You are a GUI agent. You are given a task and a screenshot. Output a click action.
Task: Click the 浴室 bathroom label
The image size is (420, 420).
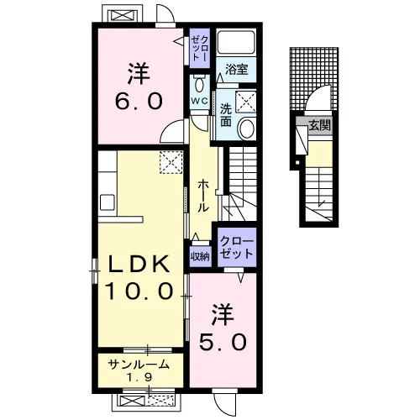(237, 69)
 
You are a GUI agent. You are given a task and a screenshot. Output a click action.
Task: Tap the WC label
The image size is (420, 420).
(200, 101)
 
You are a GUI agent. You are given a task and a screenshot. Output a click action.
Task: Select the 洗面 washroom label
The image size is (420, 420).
(226, 115)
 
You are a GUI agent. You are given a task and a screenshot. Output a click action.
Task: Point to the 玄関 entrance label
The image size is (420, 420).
(320, 125)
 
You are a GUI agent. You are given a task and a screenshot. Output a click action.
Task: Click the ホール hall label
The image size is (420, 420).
(203, 196)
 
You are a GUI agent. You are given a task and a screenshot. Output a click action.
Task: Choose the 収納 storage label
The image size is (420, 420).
(201, 256)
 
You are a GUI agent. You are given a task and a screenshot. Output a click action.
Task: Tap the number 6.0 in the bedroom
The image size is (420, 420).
(139, 101)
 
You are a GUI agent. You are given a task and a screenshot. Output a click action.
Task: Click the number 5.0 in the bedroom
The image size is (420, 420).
(223, 342)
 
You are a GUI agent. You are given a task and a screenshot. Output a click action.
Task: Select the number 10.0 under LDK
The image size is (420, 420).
(139, 291)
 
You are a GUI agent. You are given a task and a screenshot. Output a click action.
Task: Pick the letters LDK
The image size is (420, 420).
(139, 264)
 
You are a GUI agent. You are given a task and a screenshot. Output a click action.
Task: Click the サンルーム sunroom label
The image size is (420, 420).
(139, 365)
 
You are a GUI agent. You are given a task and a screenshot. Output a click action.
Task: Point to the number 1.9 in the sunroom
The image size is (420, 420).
(139, 378)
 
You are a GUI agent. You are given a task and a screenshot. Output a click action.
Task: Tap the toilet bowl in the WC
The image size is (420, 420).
(200, 84)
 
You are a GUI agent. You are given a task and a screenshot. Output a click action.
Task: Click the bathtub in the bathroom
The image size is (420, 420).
(237, 42)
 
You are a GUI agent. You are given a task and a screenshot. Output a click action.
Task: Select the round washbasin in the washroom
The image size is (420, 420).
(247, 129)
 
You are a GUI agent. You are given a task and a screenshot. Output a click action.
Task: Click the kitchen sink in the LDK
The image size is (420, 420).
(108, 202)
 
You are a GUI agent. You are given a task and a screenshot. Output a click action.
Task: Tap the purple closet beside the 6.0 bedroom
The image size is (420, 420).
(200, 48)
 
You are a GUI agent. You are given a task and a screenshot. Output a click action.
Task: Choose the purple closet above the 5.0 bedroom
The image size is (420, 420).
(237, 247)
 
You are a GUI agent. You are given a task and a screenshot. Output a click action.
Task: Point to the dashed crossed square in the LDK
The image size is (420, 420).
(171, 162)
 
